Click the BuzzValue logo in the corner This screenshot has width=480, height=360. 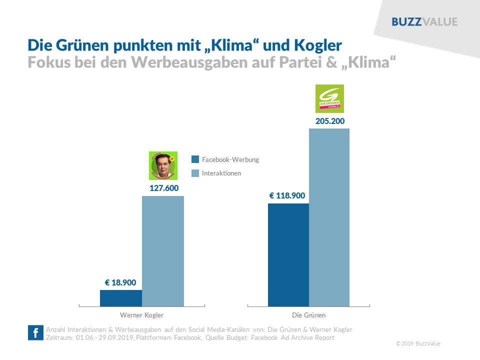tap(424, 21)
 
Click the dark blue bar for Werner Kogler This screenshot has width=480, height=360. tap(121, 298)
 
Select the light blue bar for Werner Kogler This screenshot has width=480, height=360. tap(163, 251)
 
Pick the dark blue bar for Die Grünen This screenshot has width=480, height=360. tap(288, 254)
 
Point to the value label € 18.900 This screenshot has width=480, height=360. tap(120, 282)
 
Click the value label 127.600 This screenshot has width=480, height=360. tap(164, 188)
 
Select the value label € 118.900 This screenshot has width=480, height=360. tap(287, 195)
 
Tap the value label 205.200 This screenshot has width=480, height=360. tap(330, 121)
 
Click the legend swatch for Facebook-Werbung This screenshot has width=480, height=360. tap(195, 159)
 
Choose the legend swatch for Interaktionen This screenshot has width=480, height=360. tap(195, 173)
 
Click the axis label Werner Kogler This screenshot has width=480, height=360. tap(141, 315)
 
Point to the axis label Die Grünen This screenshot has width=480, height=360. tap(308, 315)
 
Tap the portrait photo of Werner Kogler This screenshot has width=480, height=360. tap(163, 165)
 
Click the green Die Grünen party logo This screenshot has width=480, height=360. tap(330, 98)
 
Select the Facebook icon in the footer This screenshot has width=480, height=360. tap(35, 333)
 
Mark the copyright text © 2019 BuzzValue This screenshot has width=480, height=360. tap(418, 343)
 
